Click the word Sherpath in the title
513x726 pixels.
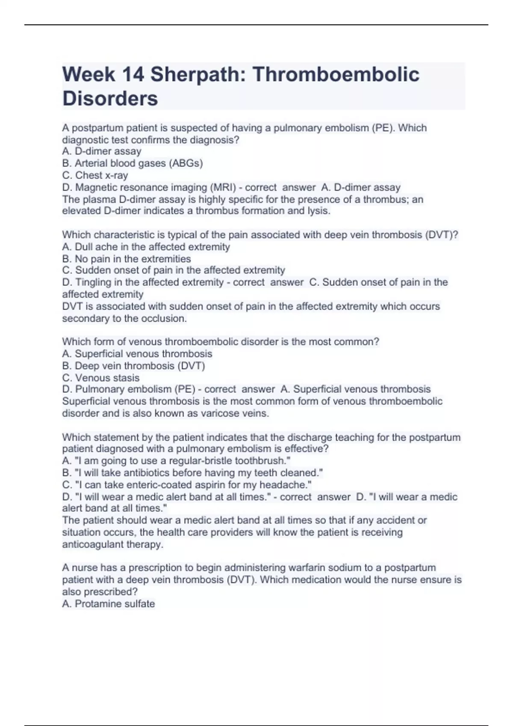coord(195,74)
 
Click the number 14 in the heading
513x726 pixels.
coord(133,74)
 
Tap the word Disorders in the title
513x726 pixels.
coord(110,98)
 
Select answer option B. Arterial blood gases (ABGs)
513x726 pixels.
coord(133,163)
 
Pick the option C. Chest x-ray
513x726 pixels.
coord(95,175)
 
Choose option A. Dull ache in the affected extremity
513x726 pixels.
coord(146,247)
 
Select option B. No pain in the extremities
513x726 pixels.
coord(127,259)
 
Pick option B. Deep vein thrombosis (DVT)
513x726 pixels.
coord(133,366)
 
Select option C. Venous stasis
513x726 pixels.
coord(101,378)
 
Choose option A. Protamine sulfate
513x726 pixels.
coord(109,604)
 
